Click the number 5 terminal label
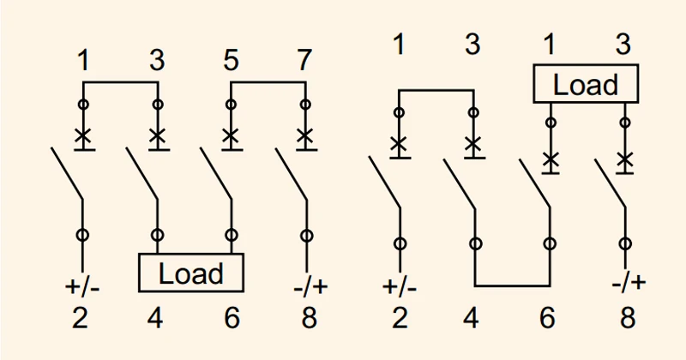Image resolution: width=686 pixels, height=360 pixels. click(x=231, y=60)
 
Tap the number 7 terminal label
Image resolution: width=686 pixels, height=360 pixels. click(x=304, y=60)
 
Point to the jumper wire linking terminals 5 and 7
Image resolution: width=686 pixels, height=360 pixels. click(x=268, y=82)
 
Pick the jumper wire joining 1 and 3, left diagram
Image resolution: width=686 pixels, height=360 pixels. click(x=120, y=82)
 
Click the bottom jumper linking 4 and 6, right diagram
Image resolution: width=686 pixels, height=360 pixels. click(x=512, y=286)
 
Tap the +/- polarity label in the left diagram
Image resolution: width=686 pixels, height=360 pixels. click(x=82, y=287)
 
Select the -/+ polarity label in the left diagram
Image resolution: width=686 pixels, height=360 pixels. click(x=310, y=287)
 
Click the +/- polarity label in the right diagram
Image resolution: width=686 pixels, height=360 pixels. click(x=400, y=287)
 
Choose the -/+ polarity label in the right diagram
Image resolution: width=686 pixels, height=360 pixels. click(x=629, y=282)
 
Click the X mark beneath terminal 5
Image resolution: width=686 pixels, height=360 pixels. click(x=231, y=136)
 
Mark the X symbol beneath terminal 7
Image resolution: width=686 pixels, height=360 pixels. click(x=305, y=136)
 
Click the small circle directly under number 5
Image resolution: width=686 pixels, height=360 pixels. click(x=231, y=105)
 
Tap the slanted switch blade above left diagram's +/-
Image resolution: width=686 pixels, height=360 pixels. click(x=67, y=173)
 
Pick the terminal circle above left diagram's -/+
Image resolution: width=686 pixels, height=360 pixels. click(x=307, y=236)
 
